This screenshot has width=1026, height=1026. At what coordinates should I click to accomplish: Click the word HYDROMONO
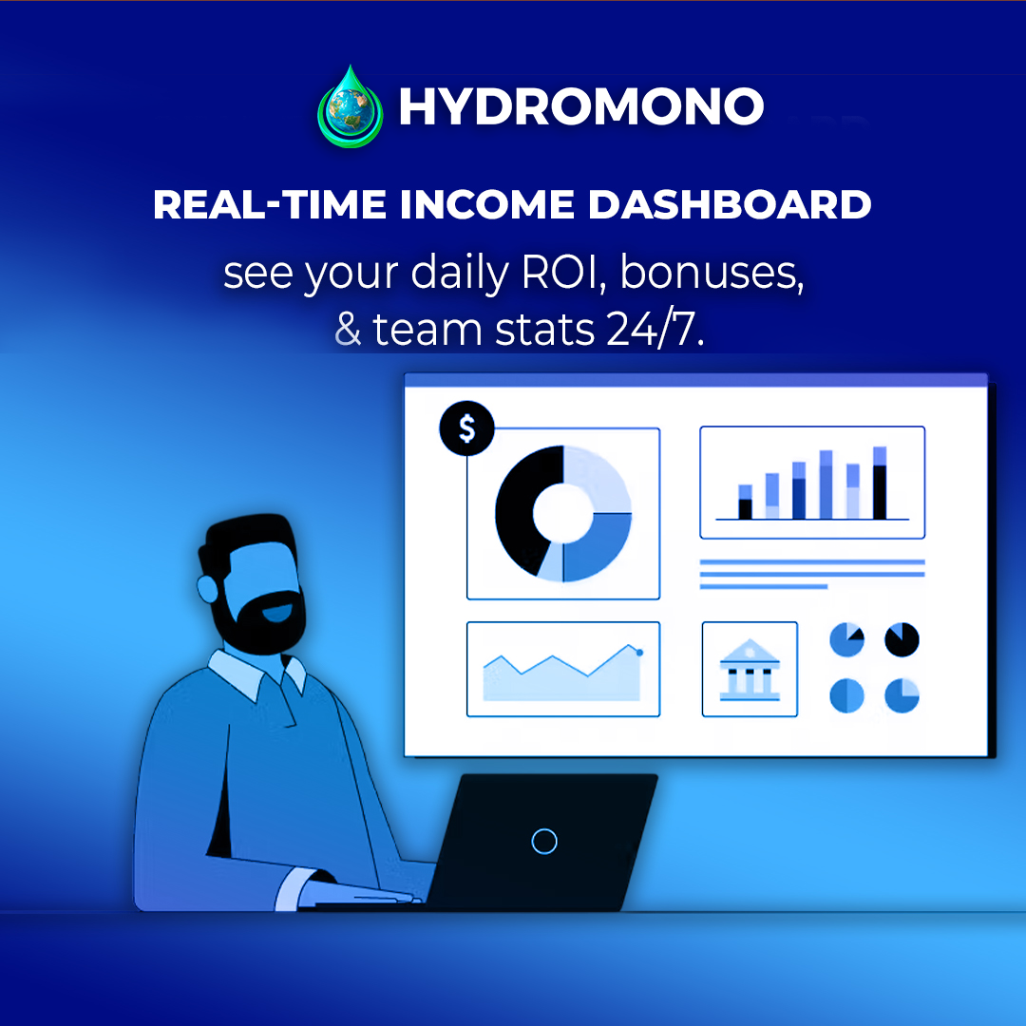pos(581,106)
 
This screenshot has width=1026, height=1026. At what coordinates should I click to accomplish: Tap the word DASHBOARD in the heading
pos(730,204)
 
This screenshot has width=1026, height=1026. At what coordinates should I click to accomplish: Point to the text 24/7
pos(655,329)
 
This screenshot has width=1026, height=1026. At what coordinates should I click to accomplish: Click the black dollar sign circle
pos(466,427)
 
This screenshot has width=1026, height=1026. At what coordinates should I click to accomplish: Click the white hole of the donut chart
pos(562,514)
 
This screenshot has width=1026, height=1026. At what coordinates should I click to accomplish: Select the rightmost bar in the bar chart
pos(880,483)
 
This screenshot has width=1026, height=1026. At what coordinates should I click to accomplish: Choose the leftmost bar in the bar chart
pos(746,502)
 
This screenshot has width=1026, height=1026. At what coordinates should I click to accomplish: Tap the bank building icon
pos(750,670)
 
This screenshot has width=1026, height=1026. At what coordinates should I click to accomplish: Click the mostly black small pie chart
pos(902,639)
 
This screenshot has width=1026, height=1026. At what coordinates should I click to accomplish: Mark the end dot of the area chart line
pos(639,653)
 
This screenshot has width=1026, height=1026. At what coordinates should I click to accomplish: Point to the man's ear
pos(207,589)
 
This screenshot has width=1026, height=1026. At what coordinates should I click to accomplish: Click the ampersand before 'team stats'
pos(348,329)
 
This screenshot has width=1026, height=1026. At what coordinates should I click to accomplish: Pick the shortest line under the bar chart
pos(764,587)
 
